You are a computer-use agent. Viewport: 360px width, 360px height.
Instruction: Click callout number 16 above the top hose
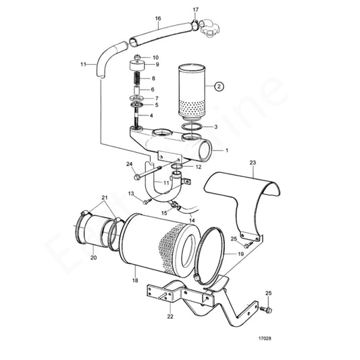pyautogui.click(x=158, y=18)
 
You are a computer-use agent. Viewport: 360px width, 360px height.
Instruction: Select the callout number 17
pyautogui.click(x=195, y=10)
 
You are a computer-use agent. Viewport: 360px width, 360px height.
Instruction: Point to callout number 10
pyautogui.click(x=155, y=57)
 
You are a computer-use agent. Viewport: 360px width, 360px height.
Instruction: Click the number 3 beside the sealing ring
pyautogui.click(x=215, y=126)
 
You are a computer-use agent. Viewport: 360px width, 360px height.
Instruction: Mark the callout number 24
pyautogui.click(x=129, y=163)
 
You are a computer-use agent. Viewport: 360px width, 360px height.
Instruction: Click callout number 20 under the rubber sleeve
pyautogui.click(x=93, y=257)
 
